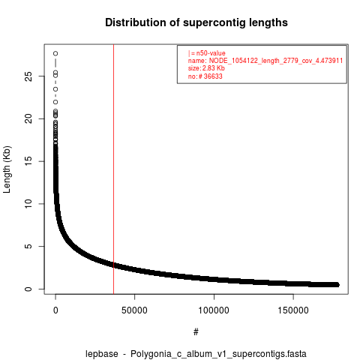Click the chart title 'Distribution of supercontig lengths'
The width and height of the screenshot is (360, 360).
point(196,22)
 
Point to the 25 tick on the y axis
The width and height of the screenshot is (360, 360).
point(28,76)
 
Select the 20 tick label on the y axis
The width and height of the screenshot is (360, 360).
point(28,118)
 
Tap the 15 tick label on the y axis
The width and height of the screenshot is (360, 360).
point(28,161)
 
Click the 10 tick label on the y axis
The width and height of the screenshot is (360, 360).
point(28,204)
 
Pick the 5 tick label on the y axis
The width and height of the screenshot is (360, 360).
point(28,247)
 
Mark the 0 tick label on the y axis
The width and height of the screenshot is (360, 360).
point(28,289)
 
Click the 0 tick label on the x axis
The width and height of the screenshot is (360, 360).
point(55,310)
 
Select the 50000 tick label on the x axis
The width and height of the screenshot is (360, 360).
point(134,310)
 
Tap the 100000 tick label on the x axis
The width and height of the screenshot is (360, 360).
point(214,310)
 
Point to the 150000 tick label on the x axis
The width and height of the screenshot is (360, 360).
point(293,310)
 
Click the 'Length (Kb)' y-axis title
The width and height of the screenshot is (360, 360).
point(7,169)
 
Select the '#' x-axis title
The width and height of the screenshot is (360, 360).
point(196,332)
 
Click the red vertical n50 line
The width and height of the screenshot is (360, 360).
point(113,169)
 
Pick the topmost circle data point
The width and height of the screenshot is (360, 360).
point(55,53)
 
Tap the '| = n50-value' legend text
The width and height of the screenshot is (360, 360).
point(207,53)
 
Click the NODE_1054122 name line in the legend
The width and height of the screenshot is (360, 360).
point(265,61)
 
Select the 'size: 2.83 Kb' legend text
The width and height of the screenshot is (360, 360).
point(206,68)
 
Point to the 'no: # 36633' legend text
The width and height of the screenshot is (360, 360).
point(205,76)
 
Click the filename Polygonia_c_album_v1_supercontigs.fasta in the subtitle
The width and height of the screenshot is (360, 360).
point(218,354)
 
